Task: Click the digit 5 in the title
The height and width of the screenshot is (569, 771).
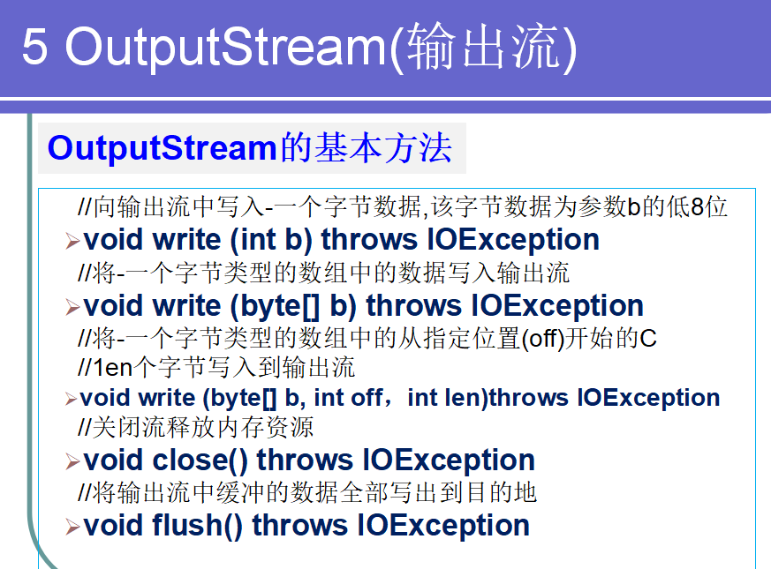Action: coord(35,46)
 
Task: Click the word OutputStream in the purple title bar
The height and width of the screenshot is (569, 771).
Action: coord(226,48)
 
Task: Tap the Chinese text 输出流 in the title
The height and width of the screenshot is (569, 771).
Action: coord(484,46)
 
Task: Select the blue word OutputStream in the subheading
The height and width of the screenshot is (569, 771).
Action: coord(163,148)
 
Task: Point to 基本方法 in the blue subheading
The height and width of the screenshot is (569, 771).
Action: coord(383,148)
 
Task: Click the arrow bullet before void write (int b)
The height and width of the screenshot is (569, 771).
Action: coord(72,241)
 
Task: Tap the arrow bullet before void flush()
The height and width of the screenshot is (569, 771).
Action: coord(72,528)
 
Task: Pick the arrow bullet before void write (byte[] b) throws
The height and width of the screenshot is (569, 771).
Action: coord(72,308)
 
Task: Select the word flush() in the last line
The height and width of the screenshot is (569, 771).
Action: coord(197,526)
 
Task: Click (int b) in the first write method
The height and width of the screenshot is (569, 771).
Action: coord(271,240)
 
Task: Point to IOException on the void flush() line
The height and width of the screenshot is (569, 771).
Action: coord(443,526)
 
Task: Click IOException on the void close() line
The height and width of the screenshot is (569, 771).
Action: coord(449,460)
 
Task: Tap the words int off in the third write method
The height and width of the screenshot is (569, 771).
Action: coord(348,398)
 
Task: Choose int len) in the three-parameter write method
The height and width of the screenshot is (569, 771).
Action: coord(448,398)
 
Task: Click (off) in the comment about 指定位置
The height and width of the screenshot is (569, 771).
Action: coord(543,339)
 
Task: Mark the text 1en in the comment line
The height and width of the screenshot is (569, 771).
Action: coord(113,368)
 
